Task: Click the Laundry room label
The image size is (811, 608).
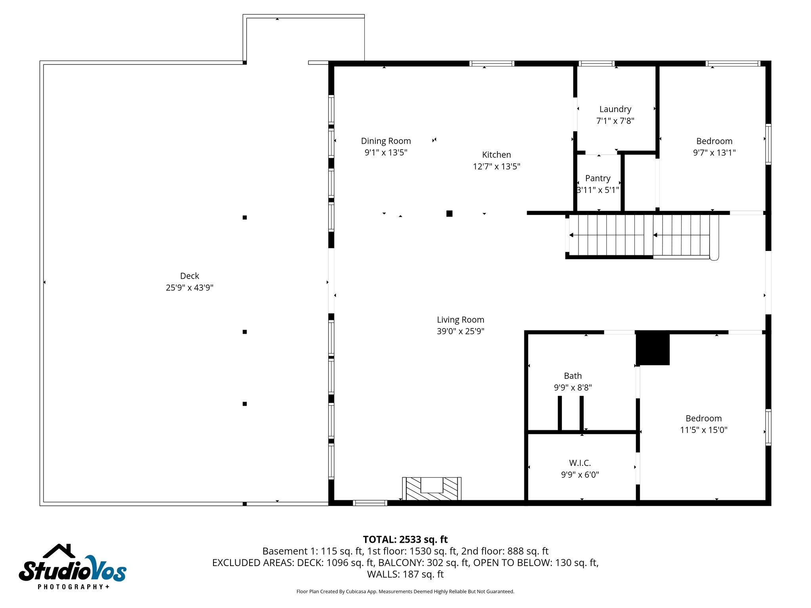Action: [x=615, y=109]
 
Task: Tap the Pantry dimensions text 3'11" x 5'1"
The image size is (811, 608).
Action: [x=598, y=190]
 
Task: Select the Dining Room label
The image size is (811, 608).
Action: [x=386, y=141]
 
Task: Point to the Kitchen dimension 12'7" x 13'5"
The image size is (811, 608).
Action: [x=496, y=167]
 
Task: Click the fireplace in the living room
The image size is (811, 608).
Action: [x=432, y=489]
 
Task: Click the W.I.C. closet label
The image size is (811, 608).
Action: [x=580, y=463]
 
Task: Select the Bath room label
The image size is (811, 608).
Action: [x=573, y=376]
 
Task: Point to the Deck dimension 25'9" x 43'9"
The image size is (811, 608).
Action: [x=189, y=288]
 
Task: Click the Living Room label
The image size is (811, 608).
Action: [x=460, y=320]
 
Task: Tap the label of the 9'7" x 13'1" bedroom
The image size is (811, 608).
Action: [x=714, y=141]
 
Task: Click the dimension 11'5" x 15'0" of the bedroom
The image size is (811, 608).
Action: [x=703, y=430]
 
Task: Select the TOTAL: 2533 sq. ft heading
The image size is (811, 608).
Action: [x=405, y=540]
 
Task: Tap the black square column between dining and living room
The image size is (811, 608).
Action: [x=449, y=214]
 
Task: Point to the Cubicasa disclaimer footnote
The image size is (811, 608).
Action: [x=405, y=592]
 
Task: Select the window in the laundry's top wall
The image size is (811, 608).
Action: [x=596, y=63]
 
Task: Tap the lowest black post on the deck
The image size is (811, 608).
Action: [x=245, y=404]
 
